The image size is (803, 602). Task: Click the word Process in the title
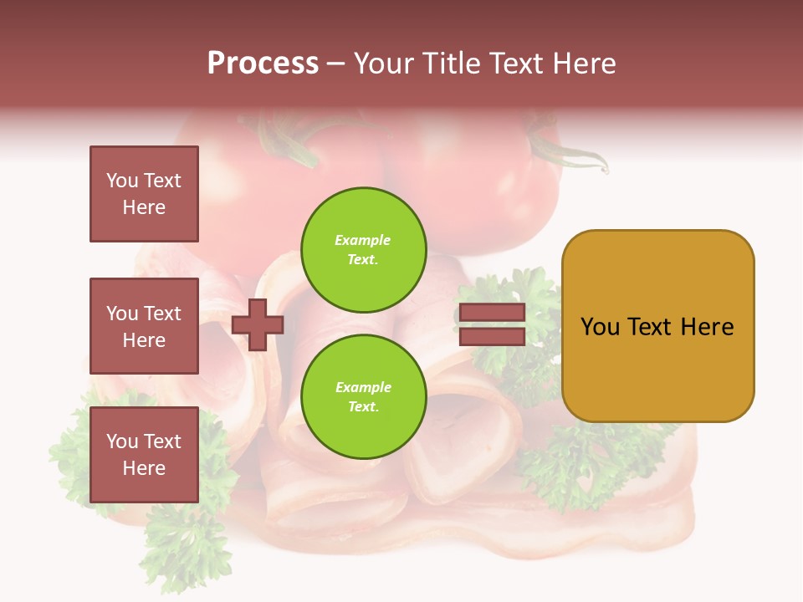pyautogui.click(x=263, y=64)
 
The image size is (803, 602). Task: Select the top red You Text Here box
pyautogui.click(x=144, y=194)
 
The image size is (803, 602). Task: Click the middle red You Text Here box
pyautogui.click(x=144, y=326)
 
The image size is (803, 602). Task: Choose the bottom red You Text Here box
pyautogui.click(x=144, y=455)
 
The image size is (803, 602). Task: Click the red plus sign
pyautogui.click(x=258, y=324)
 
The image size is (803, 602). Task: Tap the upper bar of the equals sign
pyautogui.click(x=492, y=313)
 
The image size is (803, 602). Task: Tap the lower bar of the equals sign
pyautogui.click(x=492, y=337)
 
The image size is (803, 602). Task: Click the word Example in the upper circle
pyautogui.click(x=362, y=240)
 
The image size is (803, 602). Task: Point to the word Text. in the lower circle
pyautogui.click(x=362, y=406)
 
